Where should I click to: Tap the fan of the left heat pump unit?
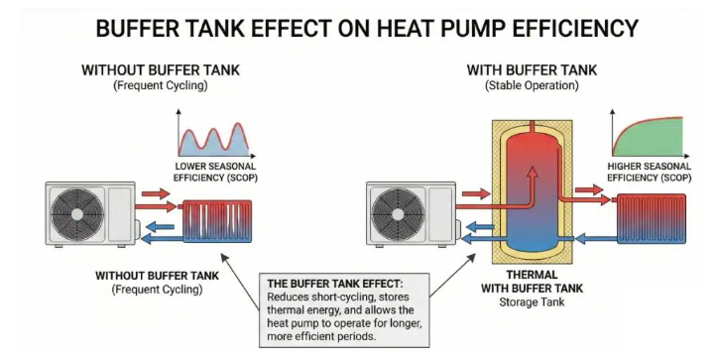[77, 214]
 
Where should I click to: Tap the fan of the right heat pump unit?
[398, 214]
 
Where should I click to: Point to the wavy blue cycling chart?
[214, 139]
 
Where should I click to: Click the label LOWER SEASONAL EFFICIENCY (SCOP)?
[215, 173]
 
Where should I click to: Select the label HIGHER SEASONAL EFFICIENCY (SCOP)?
[649, 172]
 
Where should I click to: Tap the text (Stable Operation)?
[532, 85]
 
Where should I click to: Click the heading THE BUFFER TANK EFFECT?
[335, 283]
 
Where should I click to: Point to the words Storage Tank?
[532, 302]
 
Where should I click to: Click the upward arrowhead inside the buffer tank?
[532, 173]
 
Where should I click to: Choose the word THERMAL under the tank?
[532, 275]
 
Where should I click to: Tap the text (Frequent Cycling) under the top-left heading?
[161, 85]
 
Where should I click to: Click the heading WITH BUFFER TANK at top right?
[532, 70]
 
